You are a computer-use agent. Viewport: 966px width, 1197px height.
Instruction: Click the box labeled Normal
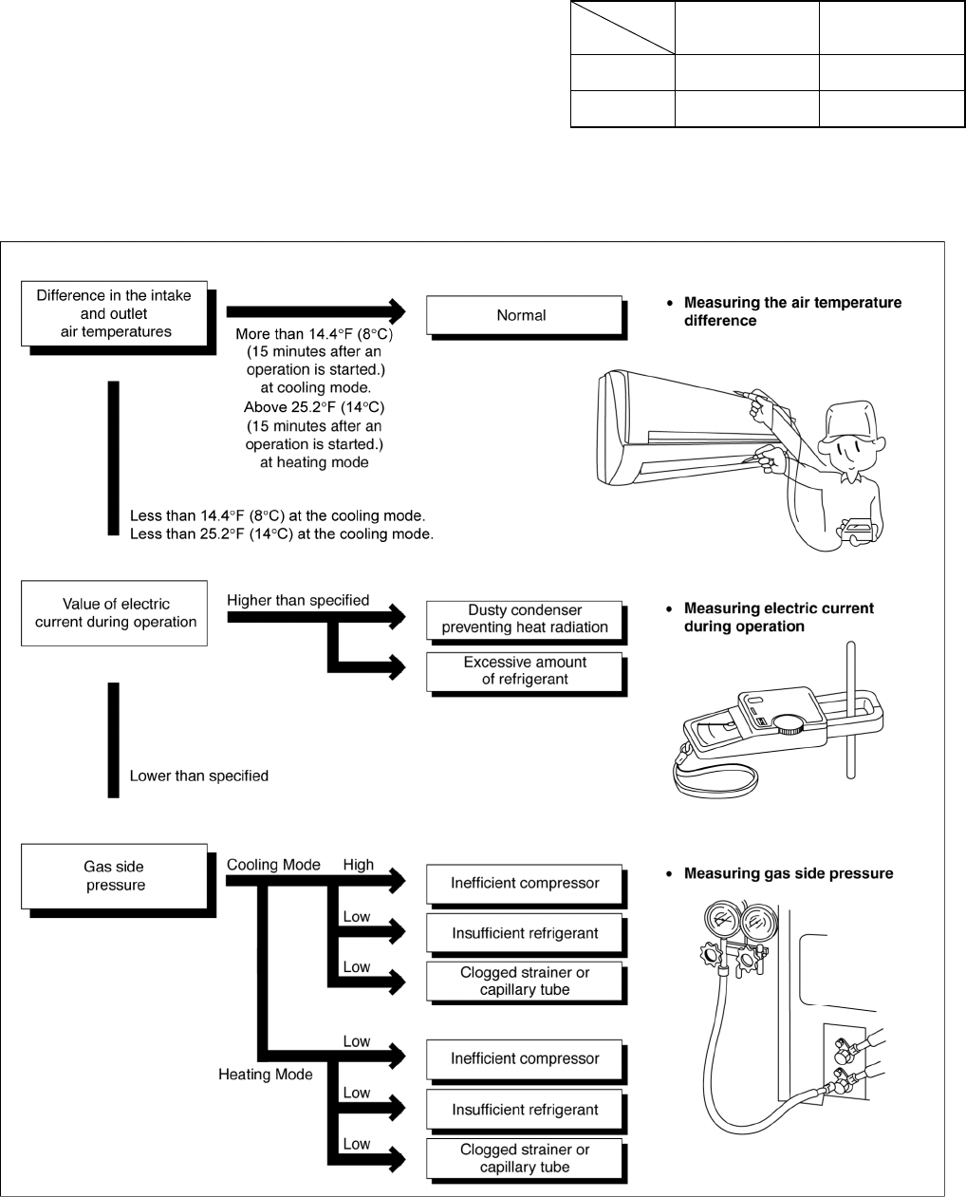click(522, 315)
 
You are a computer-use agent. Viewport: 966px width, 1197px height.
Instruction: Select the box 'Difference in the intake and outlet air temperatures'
click(114, 313)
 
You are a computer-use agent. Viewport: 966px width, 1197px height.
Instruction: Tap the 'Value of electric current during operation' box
click(115, 613)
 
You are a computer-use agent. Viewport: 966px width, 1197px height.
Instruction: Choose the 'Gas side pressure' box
click(115, 876)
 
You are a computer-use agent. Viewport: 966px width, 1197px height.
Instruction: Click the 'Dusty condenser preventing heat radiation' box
click(525, 619)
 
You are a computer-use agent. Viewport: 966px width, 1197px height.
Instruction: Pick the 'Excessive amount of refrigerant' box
click(525, 670)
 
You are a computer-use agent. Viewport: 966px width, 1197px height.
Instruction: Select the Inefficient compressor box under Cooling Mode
click(525, 883)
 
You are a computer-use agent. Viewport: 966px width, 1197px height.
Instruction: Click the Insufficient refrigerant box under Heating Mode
click(525, 1110)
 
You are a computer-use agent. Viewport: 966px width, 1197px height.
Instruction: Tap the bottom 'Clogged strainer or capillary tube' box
click(525, 1158)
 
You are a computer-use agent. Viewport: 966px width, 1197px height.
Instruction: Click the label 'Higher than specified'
click(298, 600)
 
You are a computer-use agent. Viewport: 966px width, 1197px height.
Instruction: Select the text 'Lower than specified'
click(199, 776)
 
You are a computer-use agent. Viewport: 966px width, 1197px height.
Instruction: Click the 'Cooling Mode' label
click(273, 865)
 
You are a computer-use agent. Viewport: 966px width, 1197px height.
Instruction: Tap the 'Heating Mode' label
click(266, 1075)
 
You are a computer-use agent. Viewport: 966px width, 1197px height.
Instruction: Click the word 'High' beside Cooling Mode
click(359, 865)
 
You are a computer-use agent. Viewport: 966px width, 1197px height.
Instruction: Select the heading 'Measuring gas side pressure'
click(789, 873)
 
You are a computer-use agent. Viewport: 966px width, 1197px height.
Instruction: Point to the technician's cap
click(855, 417)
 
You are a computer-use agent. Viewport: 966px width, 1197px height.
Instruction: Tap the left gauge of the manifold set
click(718, 920)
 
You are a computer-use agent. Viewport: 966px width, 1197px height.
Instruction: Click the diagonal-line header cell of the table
click(622, 28)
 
